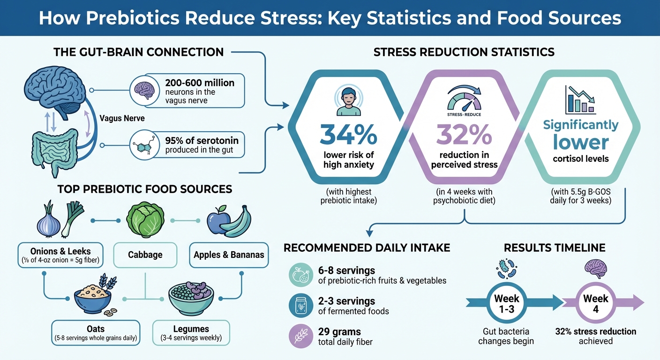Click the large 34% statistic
click(x=348, y=135)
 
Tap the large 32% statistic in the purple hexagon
click(x=464, y=135)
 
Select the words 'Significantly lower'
click(x=580, y=134)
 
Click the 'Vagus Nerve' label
click(x=122, y=118)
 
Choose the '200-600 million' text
click(x=200, y=82)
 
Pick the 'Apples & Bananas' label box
click(x=229, y=255)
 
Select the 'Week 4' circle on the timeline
click(x=595, y=303)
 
